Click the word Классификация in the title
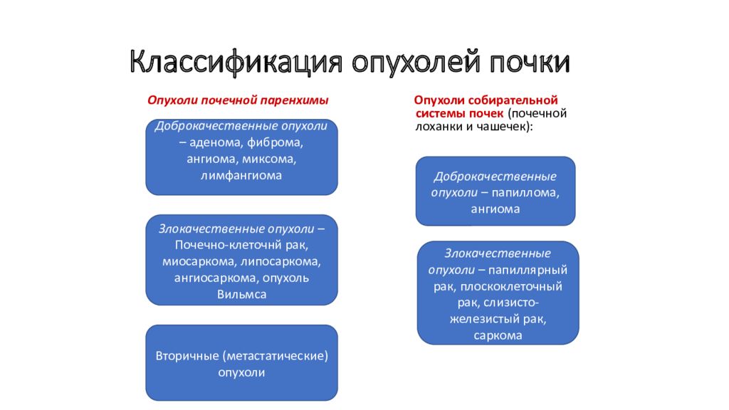pos(236,62)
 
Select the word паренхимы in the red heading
pos(294,100)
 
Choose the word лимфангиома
pos(241,176)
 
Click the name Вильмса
pos(242,294)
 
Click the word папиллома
pos(525,193)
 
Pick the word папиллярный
pos(528,270)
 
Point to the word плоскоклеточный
pos(511,286)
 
